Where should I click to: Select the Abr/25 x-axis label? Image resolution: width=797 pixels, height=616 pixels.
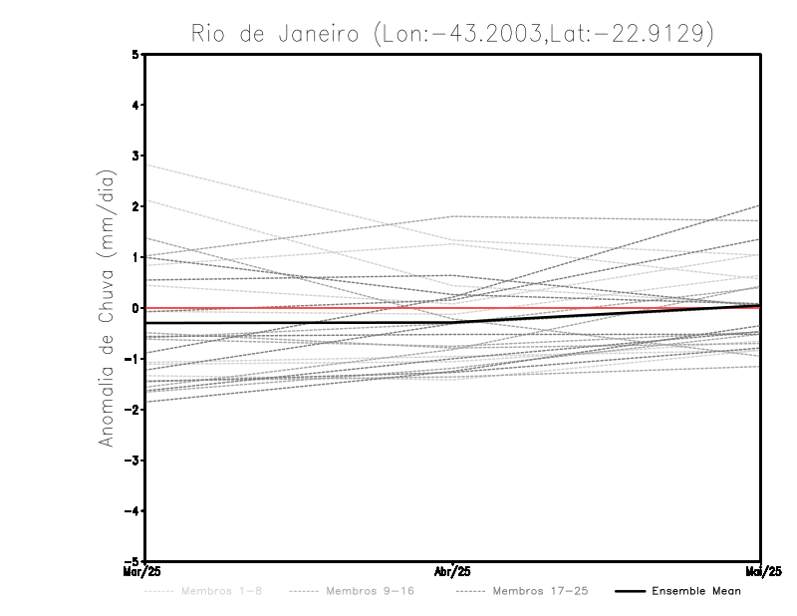coord(453,569)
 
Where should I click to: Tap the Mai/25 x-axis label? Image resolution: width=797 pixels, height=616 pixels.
coord(759,569)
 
